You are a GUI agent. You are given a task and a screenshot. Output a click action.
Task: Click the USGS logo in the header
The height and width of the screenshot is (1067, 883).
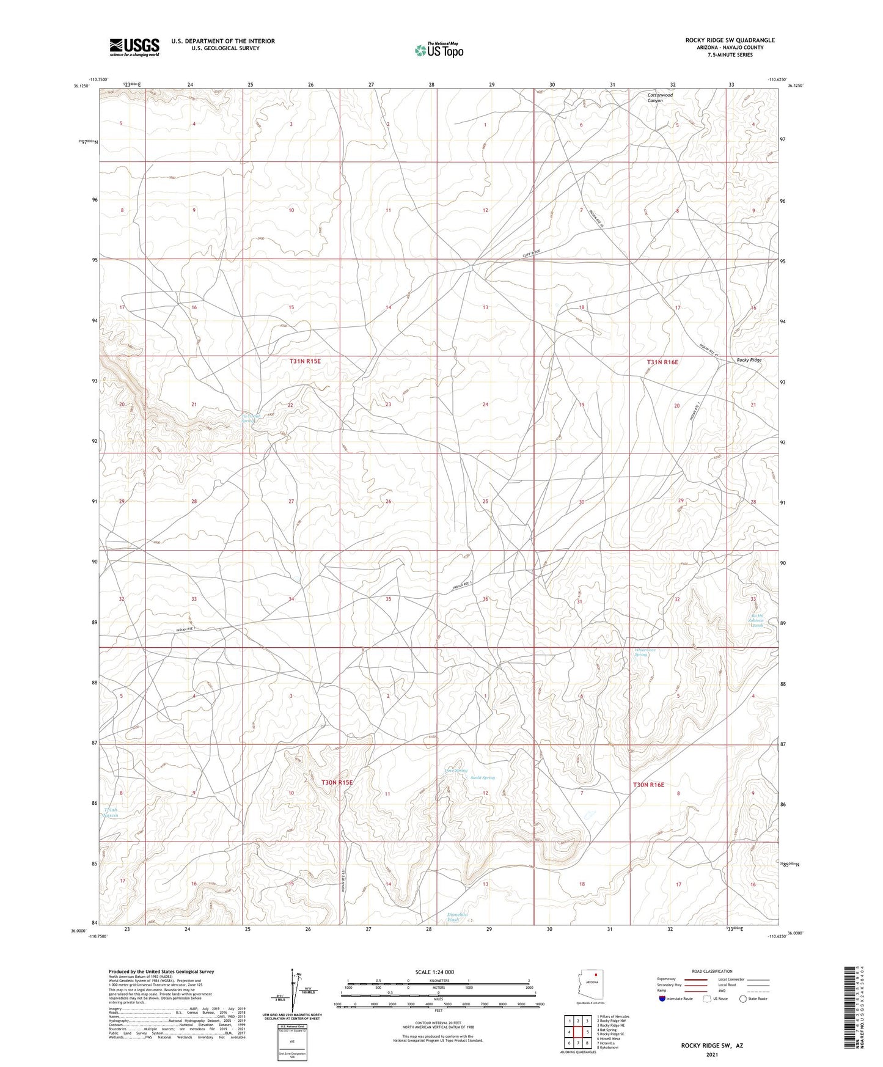134,46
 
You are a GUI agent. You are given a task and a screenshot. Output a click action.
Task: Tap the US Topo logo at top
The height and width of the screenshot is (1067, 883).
438,50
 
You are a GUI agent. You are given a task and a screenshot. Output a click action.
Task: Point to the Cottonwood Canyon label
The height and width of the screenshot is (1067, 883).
660,98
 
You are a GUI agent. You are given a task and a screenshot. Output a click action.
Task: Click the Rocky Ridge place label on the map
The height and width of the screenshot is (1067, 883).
749,361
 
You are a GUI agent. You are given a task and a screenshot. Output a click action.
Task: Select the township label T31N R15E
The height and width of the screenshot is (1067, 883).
305,362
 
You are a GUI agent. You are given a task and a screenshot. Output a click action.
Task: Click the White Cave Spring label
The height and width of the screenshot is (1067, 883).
645,652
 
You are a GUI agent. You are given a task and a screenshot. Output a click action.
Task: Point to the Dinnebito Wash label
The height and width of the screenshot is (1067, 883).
453,917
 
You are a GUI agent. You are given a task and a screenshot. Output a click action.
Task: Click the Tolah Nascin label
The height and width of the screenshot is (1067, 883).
111,813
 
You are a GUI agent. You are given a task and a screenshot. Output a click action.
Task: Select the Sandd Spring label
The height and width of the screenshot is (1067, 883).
482,778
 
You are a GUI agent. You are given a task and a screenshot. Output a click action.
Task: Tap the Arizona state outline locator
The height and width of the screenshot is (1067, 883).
591,985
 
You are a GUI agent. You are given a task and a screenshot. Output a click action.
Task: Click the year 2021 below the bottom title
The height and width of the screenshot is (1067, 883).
712,1055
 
